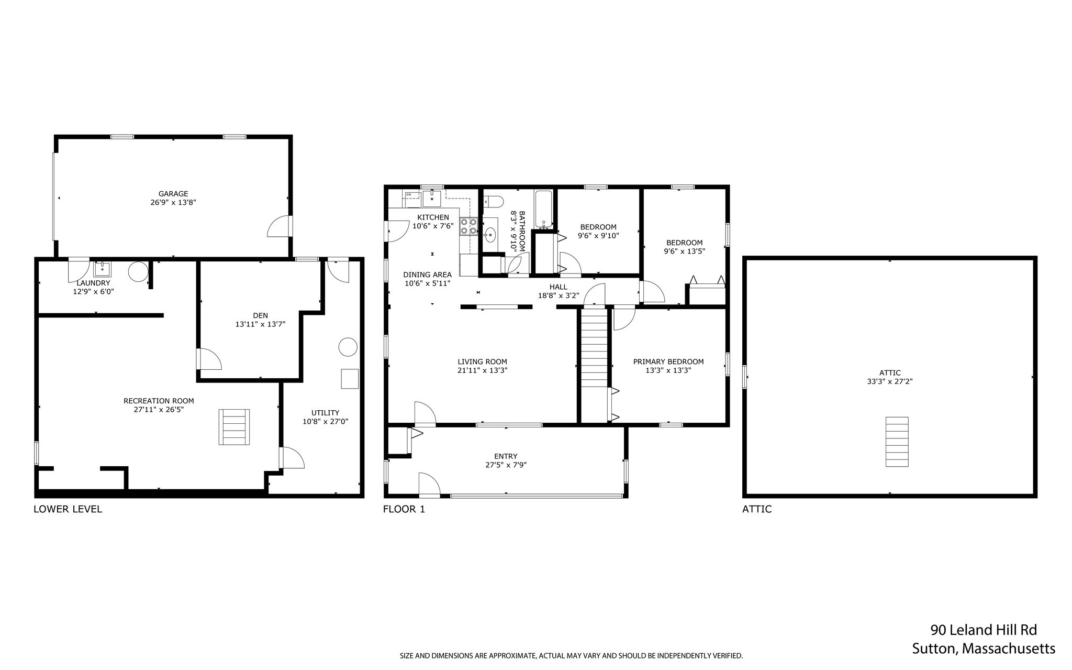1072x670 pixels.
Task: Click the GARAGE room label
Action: [x=173, y=194]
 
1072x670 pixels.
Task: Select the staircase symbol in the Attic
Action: [x=897, y=442]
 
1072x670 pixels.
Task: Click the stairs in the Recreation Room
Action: [x=234, y=427]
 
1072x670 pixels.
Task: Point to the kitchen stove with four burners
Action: [x=468, y=226]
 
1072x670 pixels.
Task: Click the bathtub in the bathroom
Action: [x=543, y=208]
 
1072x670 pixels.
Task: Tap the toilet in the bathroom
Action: [x=493, y=201]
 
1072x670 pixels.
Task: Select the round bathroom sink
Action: [x=490, y=235]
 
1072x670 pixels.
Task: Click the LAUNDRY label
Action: [x=93, y=283]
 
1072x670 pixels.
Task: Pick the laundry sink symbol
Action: [x=102, y=269]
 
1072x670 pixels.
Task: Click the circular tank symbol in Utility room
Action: [x=348, y=347]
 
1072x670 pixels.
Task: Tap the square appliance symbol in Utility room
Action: [x=350, y=379]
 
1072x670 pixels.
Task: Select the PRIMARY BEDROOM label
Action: [x=668, y=361]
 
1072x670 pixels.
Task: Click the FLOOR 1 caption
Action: [x=404, y=509]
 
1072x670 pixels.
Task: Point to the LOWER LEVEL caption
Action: [x=68, y=509]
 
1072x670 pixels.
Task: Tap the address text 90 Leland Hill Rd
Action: [x=983, y=630]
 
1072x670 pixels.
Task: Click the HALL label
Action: [x=558, y=287]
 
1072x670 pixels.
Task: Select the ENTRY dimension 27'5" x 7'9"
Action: [x=506, y=465]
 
